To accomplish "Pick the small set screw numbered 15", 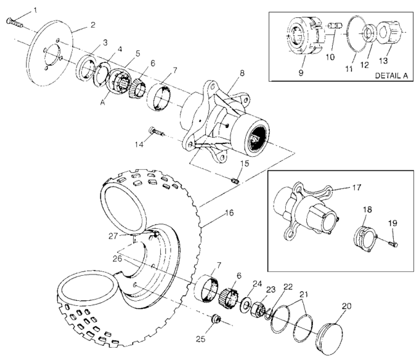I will point(235,182).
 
